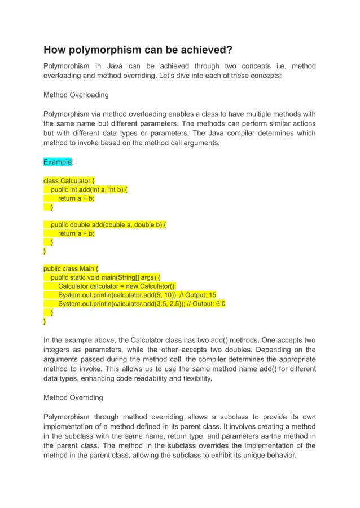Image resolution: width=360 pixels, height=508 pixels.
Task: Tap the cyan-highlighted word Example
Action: coord(58,162)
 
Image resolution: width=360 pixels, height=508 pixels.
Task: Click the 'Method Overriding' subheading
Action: coord(73,397)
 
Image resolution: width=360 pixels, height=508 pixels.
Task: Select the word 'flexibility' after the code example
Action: coord(194,379)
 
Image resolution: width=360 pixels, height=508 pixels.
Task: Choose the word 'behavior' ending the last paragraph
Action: coord(279,454)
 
